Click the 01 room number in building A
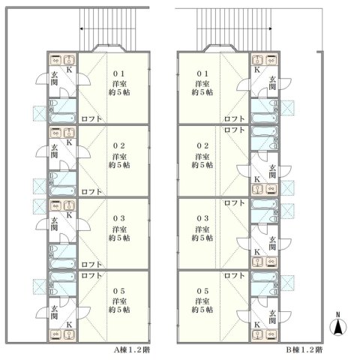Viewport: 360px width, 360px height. click(118, 73)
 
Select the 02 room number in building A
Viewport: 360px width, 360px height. click(118, 145)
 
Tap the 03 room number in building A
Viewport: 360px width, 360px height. click(118, 217)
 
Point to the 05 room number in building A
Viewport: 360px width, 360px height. click(118, 290)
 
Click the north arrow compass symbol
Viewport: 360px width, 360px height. click(338, 324)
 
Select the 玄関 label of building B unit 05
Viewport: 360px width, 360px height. click(272, 315)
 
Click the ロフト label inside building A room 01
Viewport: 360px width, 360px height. click(91, 119)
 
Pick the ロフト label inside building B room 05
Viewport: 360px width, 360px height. click(233, 275)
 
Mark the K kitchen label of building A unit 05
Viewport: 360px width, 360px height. click(70, 325)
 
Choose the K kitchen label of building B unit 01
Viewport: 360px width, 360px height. click(257, 70)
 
